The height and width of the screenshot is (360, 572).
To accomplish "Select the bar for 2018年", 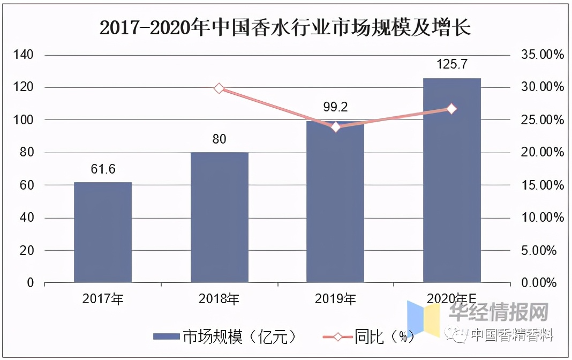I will tap(220, 217).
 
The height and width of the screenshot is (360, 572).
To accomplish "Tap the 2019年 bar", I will tap(335, 204).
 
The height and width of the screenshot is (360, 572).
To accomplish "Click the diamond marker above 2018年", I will tap(219, 88).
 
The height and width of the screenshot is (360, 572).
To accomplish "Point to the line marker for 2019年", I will tap(336, 127).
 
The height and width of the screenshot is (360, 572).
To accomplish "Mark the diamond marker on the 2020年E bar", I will tap(451, 109).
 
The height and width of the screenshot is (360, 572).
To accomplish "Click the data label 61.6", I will tap(103, 170).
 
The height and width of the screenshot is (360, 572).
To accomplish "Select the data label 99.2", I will tap(335, 107).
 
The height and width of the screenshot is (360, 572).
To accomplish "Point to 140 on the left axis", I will tap(24, 55).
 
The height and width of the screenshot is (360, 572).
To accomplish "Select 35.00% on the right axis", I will tap(541, 55).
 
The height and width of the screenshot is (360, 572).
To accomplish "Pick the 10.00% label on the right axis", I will tap(541, 218).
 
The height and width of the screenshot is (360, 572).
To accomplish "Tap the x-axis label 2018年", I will tap(219, 299).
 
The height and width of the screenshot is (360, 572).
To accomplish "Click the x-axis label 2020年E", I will tap(452, 299).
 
